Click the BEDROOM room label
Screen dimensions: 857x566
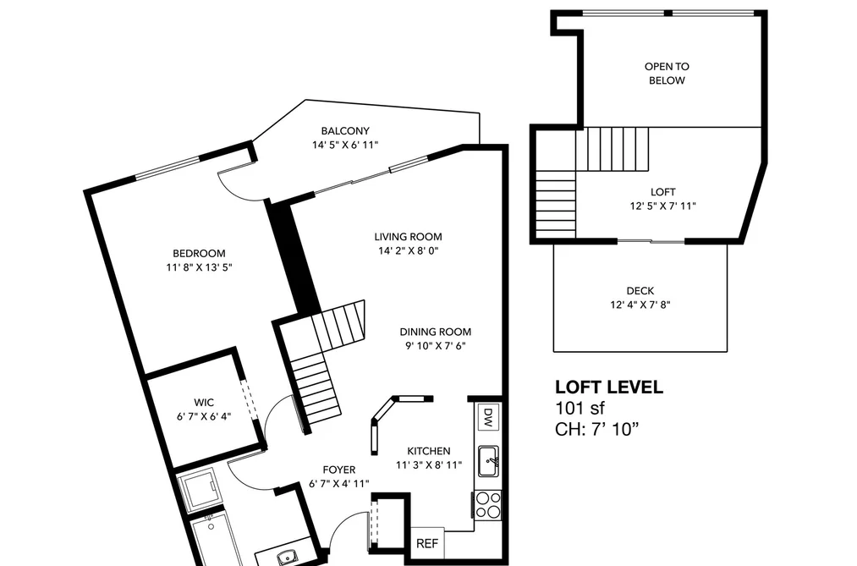click(x=199, y=254)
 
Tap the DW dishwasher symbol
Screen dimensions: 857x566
click(x=488, y=417)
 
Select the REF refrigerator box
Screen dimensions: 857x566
click(x=427, y=544)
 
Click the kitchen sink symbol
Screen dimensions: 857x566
click(x=488, y=461)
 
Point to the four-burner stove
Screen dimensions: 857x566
click(x=487, y=505)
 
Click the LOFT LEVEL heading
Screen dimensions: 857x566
click(x=609, y=387)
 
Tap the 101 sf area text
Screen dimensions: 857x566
click(x=580, y=408)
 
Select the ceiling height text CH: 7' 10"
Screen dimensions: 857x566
click(x=596, y=429)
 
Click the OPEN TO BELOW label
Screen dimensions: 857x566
click(x=667, y=74)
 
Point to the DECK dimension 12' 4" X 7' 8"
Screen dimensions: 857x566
click(x=640, y=305)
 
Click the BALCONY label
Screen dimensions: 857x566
click(x=345, y=130)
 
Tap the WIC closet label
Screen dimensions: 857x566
click(x=204, y=403)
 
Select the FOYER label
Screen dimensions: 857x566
click(x=339, y=470)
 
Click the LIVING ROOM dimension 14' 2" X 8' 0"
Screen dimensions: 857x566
click(x=409, y=250)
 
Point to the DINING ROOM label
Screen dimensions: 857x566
click(x=435, y=332)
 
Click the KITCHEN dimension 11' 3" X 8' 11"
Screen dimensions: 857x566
click(x=429, y=465)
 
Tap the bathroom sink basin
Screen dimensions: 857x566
click(x=286, y=558)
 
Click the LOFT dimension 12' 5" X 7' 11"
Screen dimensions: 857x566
click(x=662, y=206)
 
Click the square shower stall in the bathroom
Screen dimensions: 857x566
click(x=199, y=490)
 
